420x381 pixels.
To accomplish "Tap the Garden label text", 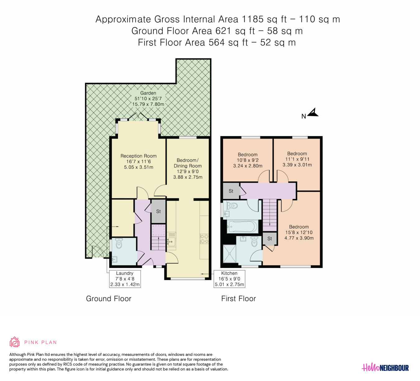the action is pyautogui.click(x=148, y=93).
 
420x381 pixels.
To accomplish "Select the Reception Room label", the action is pyautogui.click(x=138, y=156).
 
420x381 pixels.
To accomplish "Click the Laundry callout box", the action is pyautogui.click(x=125, y=279).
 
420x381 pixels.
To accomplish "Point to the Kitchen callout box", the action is pyautogui.click(x=229, y=279).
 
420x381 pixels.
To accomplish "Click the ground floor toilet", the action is pyautogui.click(x=119, y=243).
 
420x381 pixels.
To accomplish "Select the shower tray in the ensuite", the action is pyautogui.click(x=230, y=254).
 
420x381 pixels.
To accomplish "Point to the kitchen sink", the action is pyautogui.click(x=171, y=241).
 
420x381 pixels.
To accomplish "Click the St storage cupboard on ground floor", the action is pyautogui.click(x=158, y=211).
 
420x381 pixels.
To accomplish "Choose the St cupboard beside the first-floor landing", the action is pyautogui.click(x=231, y=191).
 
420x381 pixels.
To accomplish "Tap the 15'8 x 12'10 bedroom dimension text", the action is pyautogui.click(x=299, y=233).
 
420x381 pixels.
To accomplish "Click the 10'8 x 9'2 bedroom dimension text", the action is pyautogui.click(x=248, y=160).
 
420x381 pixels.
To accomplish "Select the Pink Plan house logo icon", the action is pyautogui.click(x=14, y=342).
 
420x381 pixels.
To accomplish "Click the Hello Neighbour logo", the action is pyautogui.click(x=385, y=368).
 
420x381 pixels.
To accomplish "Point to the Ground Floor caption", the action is pyautogui.click(x=109, y=299).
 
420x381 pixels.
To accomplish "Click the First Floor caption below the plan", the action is pyautogui.click(x=239, y=299).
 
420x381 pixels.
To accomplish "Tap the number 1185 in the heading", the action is pyautogui.click(x=253, y=19).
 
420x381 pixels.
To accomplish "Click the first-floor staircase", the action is pyautogui.click(x=270, y=215).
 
